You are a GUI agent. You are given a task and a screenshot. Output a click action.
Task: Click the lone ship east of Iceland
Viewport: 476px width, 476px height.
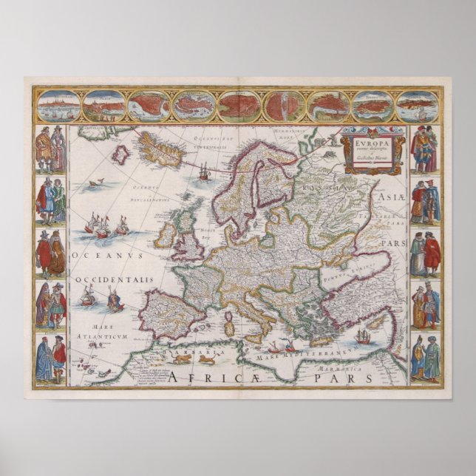204,171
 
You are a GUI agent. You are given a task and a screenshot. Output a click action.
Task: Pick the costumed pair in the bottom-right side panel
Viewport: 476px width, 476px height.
426,359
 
